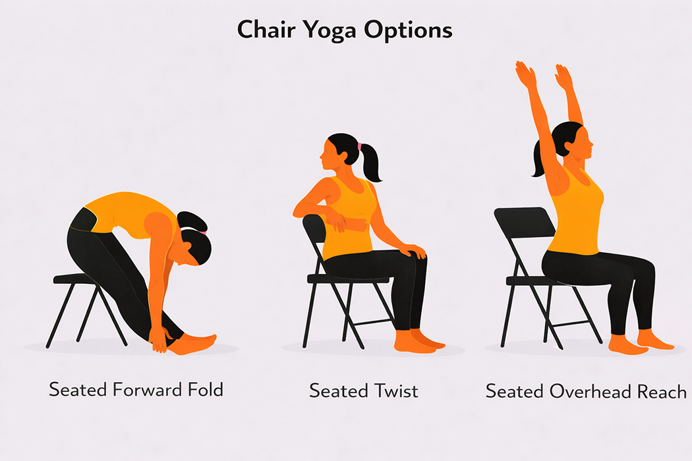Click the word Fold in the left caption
pos(204,389)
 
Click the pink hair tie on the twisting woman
pos(360,145)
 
